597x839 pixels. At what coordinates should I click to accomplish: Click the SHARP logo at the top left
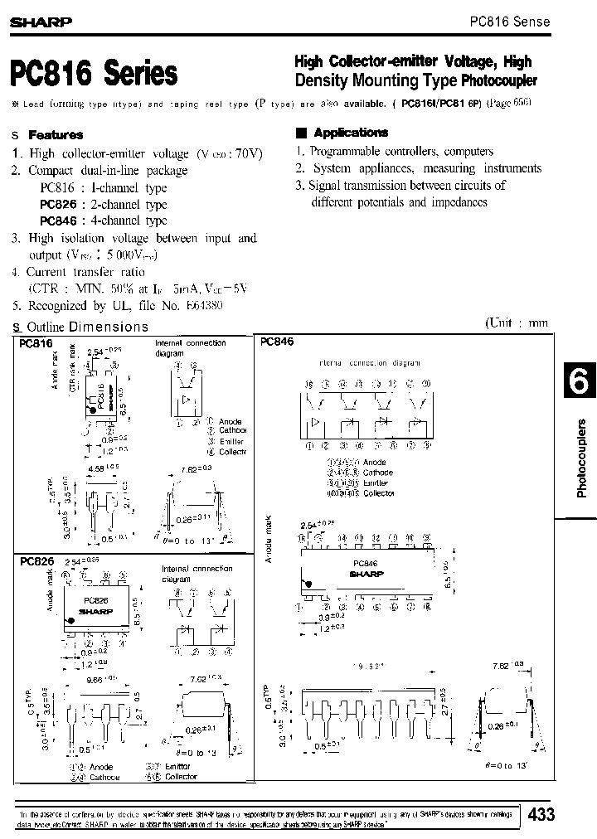pos(39,23)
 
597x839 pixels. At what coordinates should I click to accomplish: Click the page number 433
pos(541,814)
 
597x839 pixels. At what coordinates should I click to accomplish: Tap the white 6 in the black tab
pos(578,383)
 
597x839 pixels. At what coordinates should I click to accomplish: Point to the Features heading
pos(56,134)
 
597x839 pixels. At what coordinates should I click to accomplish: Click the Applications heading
pos(351,133)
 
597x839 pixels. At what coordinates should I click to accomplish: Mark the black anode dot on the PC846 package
pos(309,584)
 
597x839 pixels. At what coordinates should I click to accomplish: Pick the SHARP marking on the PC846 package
pos(365,573)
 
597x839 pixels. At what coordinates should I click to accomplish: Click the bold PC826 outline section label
pos(36,561)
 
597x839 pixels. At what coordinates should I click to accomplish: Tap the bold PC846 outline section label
pos(277,341)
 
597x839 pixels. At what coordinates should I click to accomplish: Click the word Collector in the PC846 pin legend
pos(378,493)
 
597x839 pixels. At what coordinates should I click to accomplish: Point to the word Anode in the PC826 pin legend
pos(101,767)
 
